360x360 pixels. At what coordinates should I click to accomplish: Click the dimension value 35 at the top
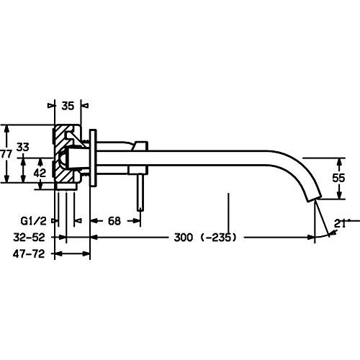tap(68, 106)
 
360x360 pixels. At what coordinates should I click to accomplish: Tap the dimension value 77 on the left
tap(6, 154)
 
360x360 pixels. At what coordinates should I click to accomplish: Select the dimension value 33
tap(23, 147)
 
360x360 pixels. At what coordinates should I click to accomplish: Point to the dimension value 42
tap(40, 173)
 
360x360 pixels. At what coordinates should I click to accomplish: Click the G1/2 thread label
tap(33, 221)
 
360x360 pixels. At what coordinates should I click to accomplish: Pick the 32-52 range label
tap(29, 238)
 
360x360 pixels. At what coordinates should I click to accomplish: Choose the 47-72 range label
tap(29, 253)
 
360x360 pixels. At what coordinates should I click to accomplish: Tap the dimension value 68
tap(114, 221)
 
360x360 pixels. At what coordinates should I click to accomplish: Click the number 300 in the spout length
tap(184, 238)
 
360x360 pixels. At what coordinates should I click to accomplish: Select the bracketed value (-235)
tap(218, 238)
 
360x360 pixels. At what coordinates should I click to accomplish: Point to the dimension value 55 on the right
tap(338, 178)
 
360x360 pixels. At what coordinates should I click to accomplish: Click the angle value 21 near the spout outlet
tap(340, 224)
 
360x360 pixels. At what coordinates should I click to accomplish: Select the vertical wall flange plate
tap(93, 158)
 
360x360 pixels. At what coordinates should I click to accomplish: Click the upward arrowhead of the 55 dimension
tap(339, 163)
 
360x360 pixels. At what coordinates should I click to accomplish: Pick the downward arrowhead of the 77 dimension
tap(7, 178)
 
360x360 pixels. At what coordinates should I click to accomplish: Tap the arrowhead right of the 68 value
tap(135, 221)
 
